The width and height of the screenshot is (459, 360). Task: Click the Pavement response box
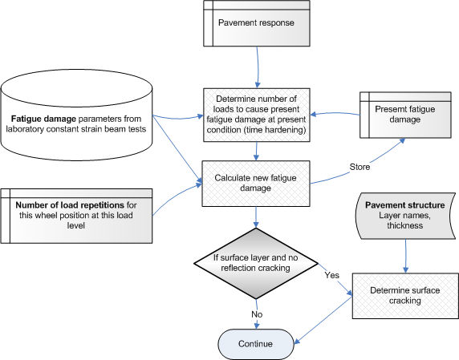click(x=257, y=23)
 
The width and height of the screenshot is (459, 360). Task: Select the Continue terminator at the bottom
click(x=256, y=344)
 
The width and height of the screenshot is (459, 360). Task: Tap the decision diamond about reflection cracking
click(x=256, y=263)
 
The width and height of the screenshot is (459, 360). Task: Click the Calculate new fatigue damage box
click(x=256, y=184)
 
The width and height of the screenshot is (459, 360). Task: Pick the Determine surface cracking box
click(x=405, y=296)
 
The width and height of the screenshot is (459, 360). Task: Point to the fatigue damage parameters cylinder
click(x=76, y=115)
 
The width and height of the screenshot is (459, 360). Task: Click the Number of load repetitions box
click(x=76, y=216)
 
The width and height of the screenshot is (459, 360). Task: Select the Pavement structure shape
click(x=405, y=216)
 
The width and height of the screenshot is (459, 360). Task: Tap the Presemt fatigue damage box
click(x=405, y=115)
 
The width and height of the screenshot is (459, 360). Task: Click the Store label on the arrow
click(x=359, y=167)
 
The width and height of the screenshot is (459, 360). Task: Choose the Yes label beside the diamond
click(x=332, y=275)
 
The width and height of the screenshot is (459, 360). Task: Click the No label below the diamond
click(x=257, y=314)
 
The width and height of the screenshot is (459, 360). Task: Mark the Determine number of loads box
click(x=257, y=115)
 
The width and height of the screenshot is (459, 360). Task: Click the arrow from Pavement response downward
click(x=258, y=67)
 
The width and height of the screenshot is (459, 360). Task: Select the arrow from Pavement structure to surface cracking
click(x=406, y=257)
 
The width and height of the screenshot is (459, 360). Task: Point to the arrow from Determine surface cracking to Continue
click(x=323, y=320)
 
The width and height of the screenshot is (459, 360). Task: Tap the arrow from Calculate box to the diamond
click(x=256, y=217)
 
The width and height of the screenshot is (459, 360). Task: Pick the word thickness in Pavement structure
click(x=405, y=225)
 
